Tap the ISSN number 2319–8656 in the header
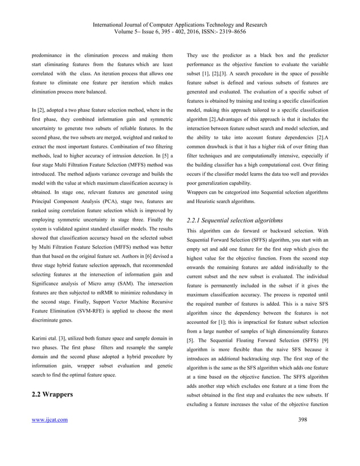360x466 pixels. click(x=235, y=32)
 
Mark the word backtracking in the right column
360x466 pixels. click(x=270, y=362)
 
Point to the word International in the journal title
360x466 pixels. click(x=113, y=24)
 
